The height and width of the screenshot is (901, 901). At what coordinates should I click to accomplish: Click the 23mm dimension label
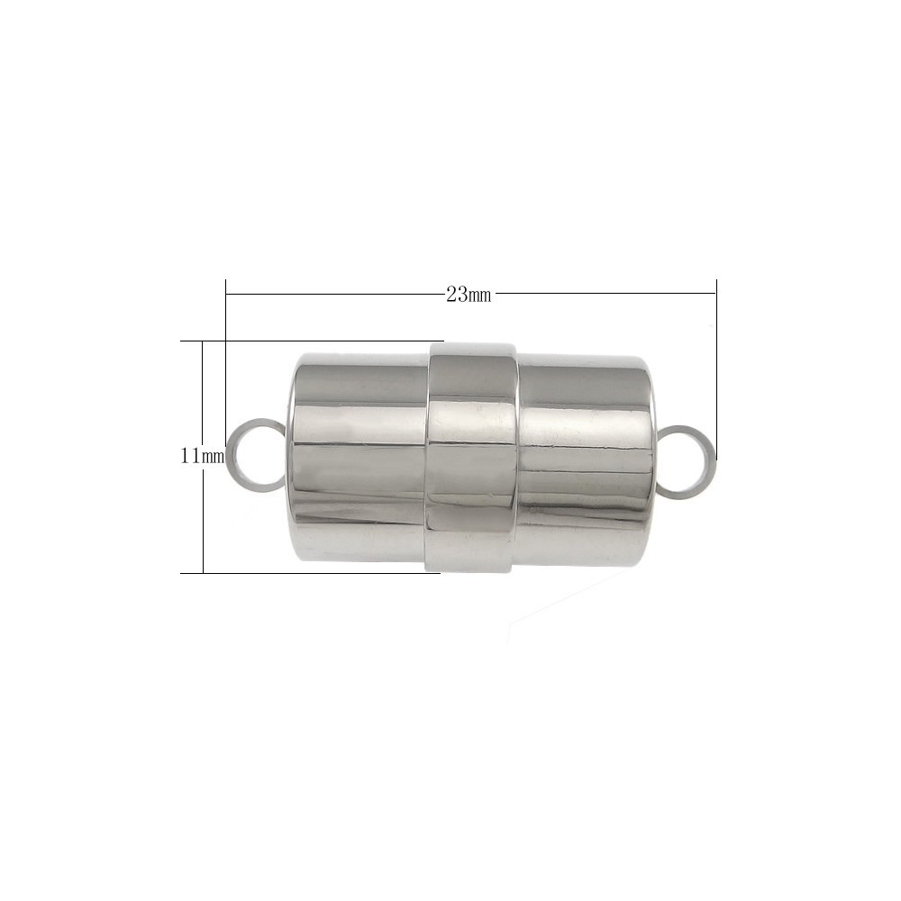(469, 296)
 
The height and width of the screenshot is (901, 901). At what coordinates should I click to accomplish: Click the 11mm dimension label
(202, 457)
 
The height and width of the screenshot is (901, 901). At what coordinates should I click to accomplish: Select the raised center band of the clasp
(472, 457)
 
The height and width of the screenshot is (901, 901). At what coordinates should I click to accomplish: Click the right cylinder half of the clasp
(587, 460)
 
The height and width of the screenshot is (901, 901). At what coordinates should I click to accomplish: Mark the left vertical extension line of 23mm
(226, 363)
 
